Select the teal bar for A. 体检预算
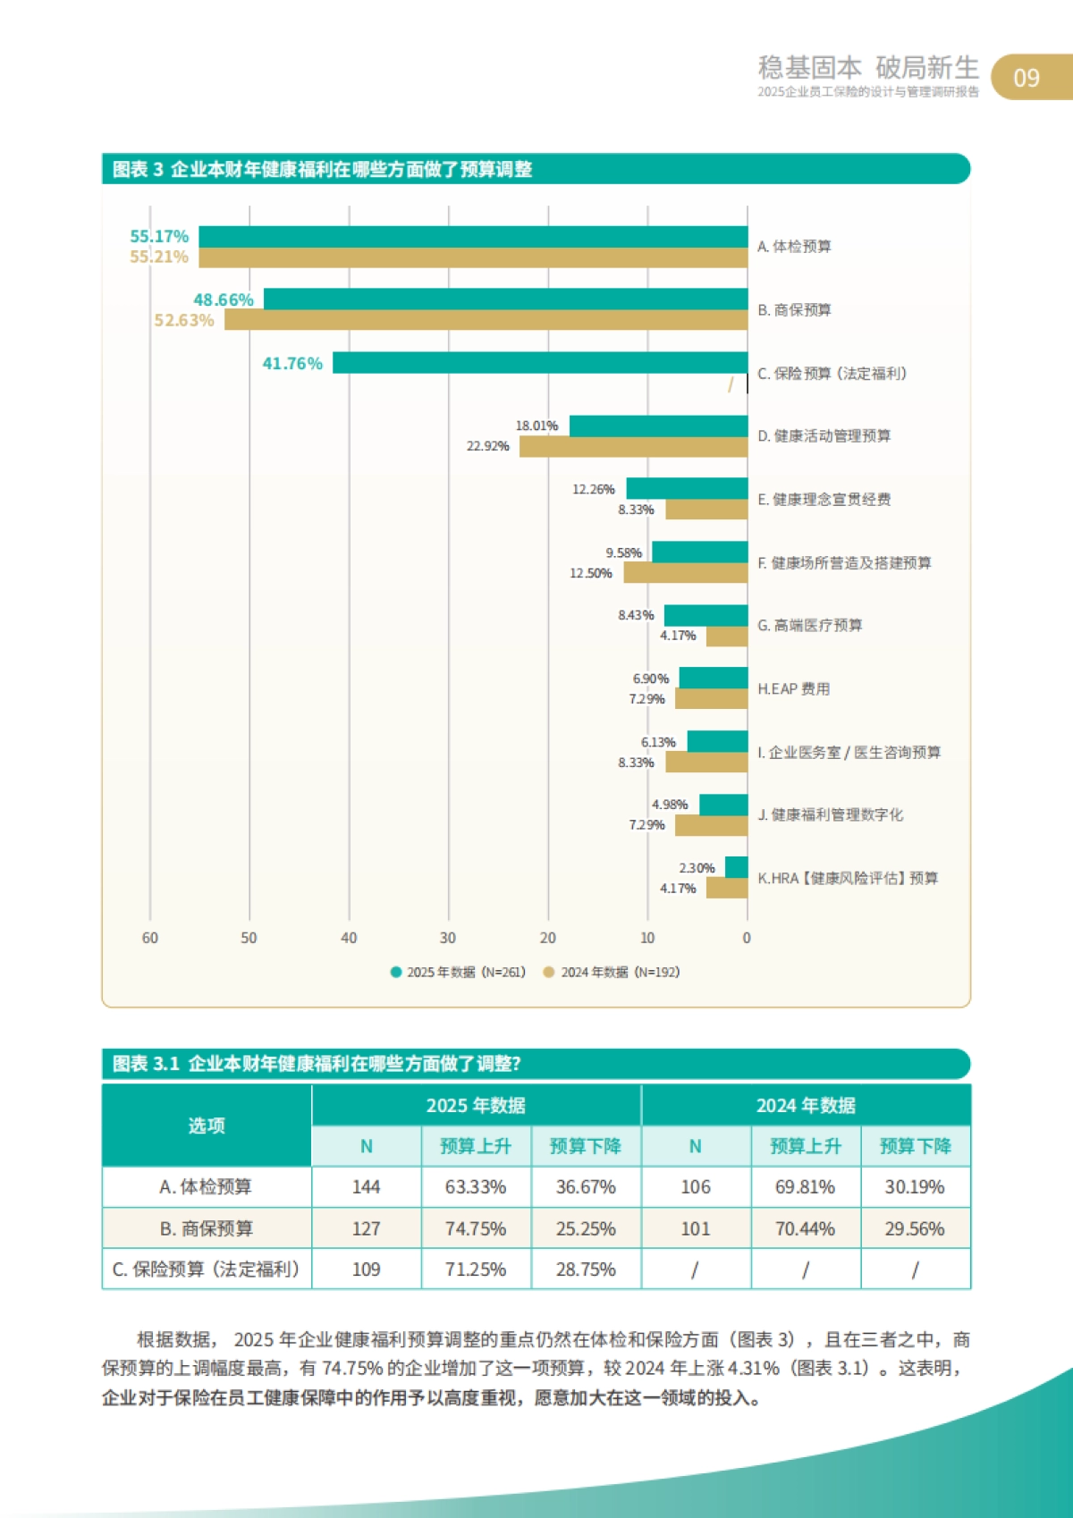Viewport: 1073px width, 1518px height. pyautogui.click(x=473, y=237)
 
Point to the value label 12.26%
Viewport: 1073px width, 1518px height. pyautogui.click(x=594, y=489)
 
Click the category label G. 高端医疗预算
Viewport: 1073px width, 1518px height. pyautogui.click(x=810, y=625)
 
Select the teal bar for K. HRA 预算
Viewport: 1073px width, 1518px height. pyautogui.click(x=736, y=867)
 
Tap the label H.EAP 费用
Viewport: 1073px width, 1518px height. pyautogui.click(x=794, y=688)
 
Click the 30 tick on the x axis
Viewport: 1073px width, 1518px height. pyautogui.click(x=448, y=938)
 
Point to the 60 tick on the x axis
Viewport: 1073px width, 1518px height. pyautogui.click(x=150, y=938)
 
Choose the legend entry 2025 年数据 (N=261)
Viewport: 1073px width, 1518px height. pyautogui.click(x=458, y=972)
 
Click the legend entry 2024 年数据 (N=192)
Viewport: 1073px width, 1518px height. pyautogui.click(x=612, y=972)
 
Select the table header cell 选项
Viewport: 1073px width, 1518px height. pyautogui.click(x=207, y=1126)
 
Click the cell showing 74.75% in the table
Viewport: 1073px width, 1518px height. pyautogui.click(x=476, y=1229)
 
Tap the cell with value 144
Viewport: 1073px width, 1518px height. pyautogui.click(x=366, y=1187)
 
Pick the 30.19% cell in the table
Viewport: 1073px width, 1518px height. pyautogui.click(x=915, y=1187)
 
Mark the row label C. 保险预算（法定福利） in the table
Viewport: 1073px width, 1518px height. pyautogui.click(x=207, y=1269)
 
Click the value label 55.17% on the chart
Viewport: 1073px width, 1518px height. pyautogui.click(x=159, y=236)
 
